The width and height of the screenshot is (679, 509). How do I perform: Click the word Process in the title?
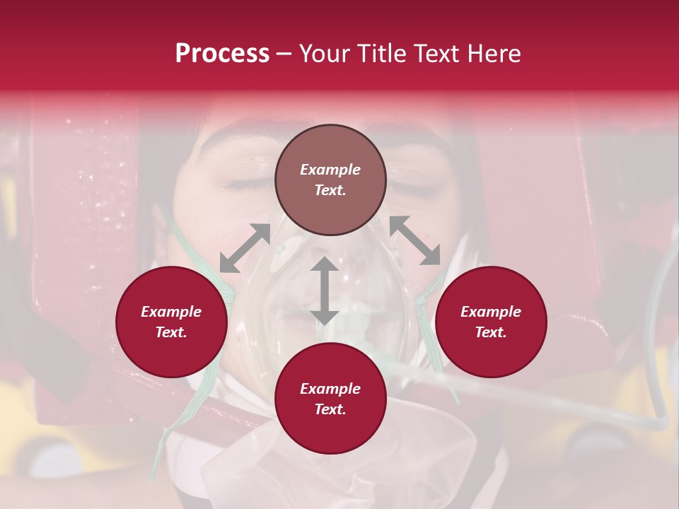coord(222,54)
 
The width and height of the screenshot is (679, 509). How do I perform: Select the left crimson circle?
coord(171,322)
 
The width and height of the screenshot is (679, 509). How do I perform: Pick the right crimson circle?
coord(491,322)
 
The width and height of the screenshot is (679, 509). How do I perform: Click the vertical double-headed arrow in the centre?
coord(325,291)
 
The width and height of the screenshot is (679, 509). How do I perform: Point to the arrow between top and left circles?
coord(245,247)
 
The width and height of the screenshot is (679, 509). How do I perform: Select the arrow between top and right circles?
coord(414,240)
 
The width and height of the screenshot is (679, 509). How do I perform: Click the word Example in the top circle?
coord(330,170)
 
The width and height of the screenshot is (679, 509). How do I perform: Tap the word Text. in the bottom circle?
coord(330,409)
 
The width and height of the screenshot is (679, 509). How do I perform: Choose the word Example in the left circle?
coord(171,312)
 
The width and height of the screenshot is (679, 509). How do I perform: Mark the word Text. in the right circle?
coord(491,332)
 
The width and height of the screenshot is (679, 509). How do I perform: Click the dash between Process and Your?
coord(284,54)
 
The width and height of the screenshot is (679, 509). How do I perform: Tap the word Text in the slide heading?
coord(436,54)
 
